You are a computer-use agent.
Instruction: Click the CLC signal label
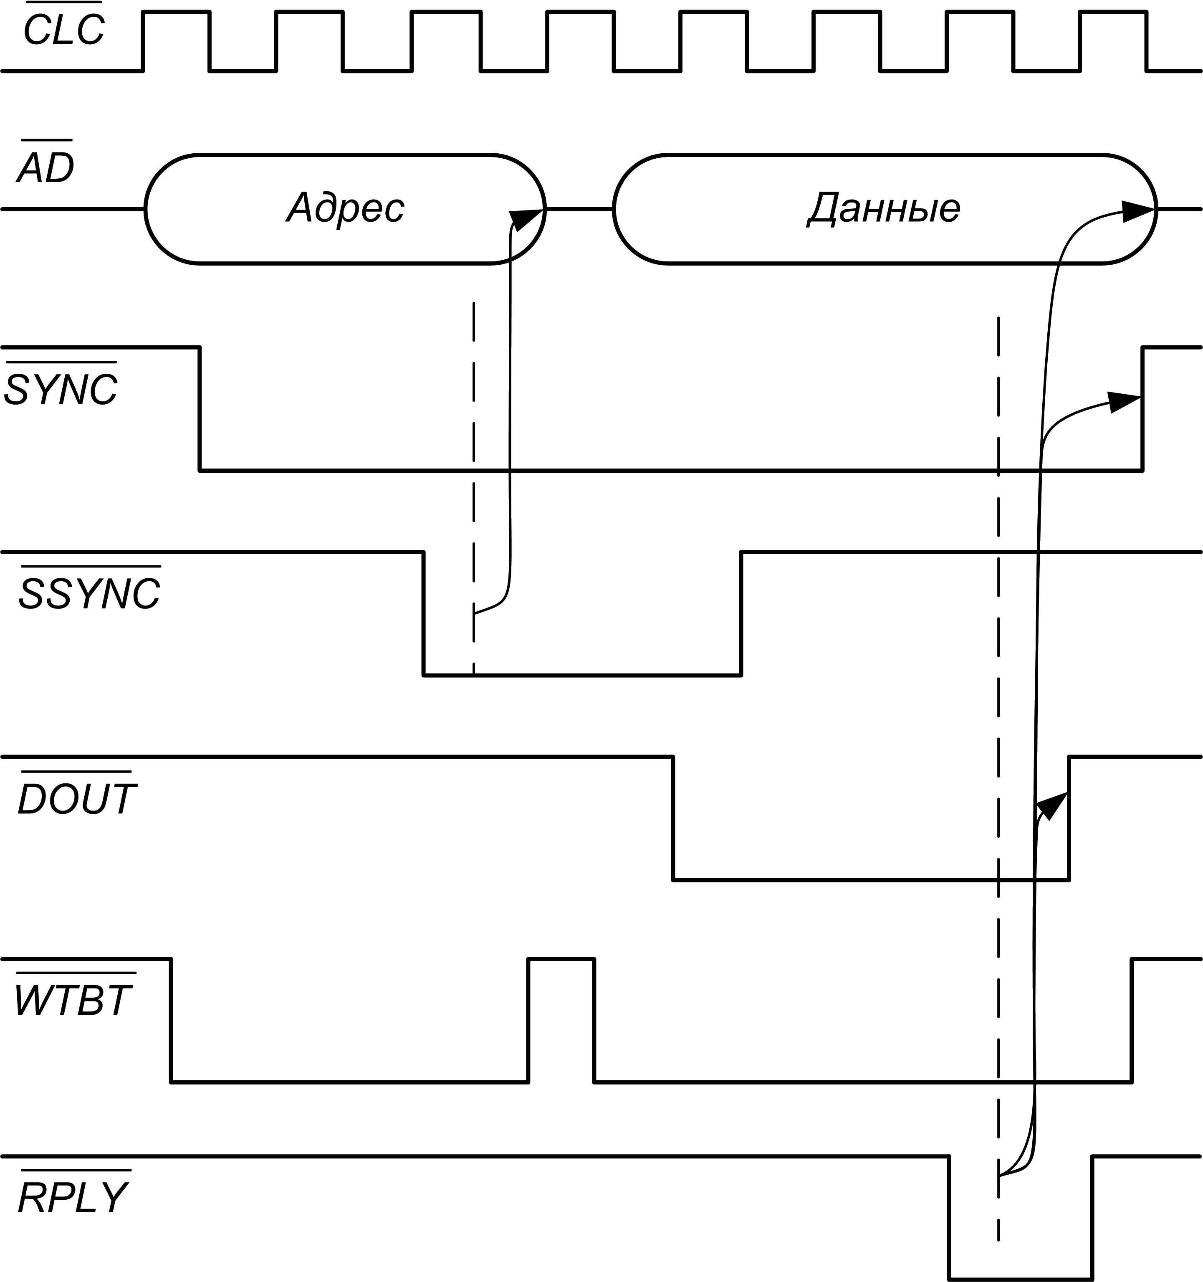[x=64, y=29]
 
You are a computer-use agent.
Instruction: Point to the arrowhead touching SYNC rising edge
[x=1125, y=402]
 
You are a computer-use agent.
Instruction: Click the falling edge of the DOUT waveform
[x=673, y=818]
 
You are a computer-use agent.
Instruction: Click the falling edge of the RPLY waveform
[x=949, y=1218]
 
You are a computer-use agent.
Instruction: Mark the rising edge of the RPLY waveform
[x=1092, y=1218]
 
